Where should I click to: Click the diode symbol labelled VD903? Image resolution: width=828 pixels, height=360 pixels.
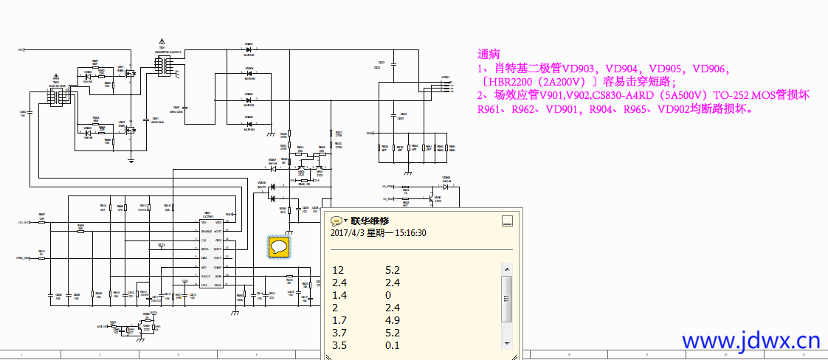pyautogui.click(x=249, y=49)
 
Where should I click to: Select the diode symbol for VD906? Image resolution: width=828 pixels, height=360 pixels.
pyautogui.click(x=249, y=122)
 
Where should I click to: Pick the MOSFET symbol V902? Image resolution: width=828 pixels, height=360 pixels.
pyautogui.click(x=130, y=130)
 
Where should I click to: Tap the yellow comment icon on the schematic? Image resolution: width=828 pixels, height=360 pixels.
pyautogui.click(x=279, y=246)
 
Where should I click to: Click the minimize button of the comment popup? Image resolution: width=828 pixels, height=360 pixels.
pyautogui.click(x=506, y=220)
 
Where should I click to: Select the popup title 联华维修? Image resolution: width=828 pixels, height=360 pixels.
pyautogui.click(x=369, y=221)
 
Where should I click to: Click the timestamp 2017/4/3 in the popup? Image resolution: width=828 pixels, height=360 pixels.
pyautogui.click(x=348, y=233)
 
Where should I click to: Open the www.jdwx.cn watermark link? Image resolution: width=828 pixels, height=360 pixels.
pyautogui.click(x=751, y=341)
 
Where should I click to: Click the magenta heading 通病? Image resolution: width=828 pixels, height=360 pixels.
pyautogui.click(x=489, y=54)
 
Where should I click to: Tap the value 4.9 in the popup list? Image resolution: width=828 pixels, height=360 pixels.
pyautogui.click(x=393, y=320)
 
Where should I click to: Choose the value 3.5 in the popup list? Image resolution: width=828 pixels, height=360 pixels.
pyautogui.click(x=339, y=345)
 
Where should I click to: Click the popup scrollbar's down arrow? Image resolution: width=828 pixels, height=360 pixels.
pyautogui.click(x=506, y=343)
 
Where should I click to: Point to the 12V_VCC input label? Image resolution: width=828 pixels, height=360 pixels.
pyautogui.click(x=24, y=222)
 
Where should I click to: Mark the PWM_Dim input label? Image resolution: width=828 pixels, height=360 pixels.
pyautogui.click(x=24, y=258)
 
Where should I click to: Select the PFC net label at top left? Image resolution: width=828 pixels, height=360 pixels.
pyautogui.click(x=21, y=49)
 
